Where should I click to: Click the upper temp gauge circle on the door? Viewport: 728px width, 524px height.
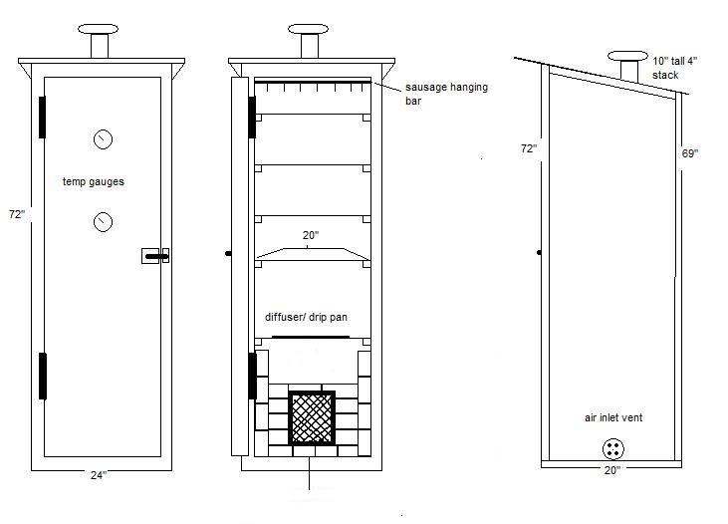[x=103, y=139]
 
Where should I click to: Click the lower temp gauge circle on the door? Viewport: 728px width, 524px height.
[x=103, y=221]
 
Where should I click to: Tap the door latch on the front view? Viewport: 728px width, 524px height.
[x=155, y=257]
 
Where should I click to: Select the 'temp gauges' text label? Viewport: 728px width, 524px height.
[x=93, y=182]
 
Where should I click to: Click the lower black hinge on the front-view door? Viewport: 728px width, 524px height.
[x=43, y=376]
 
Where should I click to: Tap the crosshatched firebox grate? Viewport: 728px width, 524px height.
[x=313, y=417]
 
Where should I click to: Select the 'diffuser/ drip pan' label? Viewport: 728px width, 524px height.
[x=306, y=318]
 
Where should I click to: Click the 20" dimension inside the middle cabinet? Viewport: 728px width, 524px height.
[x=310, y=236]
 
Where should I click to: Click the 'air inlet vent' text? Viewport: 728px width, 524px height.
[x=613, y=418]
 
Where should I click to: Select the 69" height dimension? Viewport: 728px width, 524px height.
[x=690, y=153]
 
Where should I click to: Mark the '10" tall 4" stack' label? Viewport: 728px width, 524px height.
[x=675, y=68]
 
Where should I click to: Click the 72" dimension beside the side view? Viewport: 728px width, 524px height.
[x=528, y=147]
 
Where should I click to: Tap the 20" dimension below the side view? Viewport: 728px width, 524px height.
[x=611, y=469]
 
